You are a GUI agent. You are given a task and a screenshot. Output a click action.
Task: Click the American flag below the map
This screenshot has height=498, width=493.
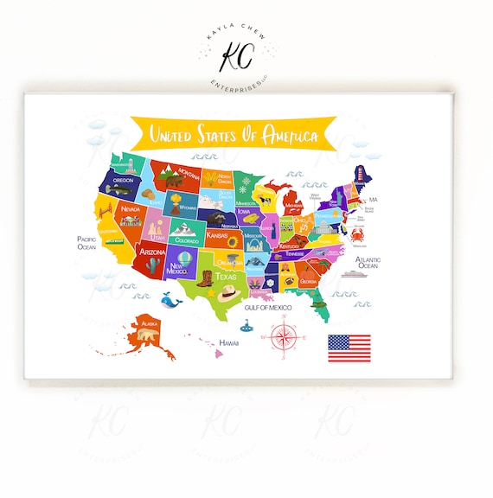point(349,348)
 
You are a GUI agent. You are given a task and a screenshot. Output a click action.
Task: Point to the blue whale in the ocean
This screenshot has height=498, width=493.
point(170,300)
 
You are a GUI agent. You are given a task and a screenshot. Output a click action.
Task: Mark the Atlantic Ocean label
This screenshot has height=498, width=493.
point(368,262)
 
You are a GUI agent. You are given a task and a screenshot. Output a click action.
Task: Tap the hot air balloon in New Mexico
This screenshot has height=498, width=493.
point(183,256)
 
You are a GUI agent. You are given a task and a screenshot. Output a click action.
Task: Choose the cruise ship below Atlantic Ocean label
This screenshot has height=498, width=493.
point(356,276)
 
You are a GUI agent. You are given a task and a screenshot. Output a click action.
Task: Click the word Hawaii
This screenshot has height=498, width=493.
point(228,343)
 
